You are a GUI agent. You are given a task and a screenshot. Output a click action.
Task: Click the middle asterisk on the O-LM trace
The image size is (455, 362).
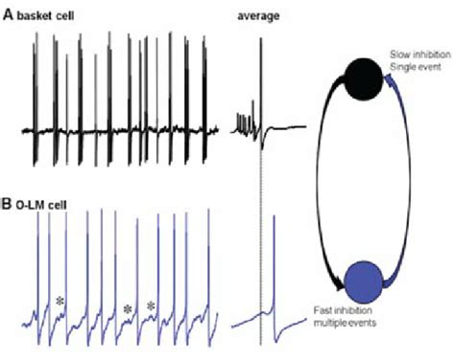[x=127, y=308]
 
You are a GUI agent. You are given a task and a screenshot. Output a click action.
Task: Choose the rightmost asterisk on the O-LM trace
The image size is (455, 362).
[x=151, y=306]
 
